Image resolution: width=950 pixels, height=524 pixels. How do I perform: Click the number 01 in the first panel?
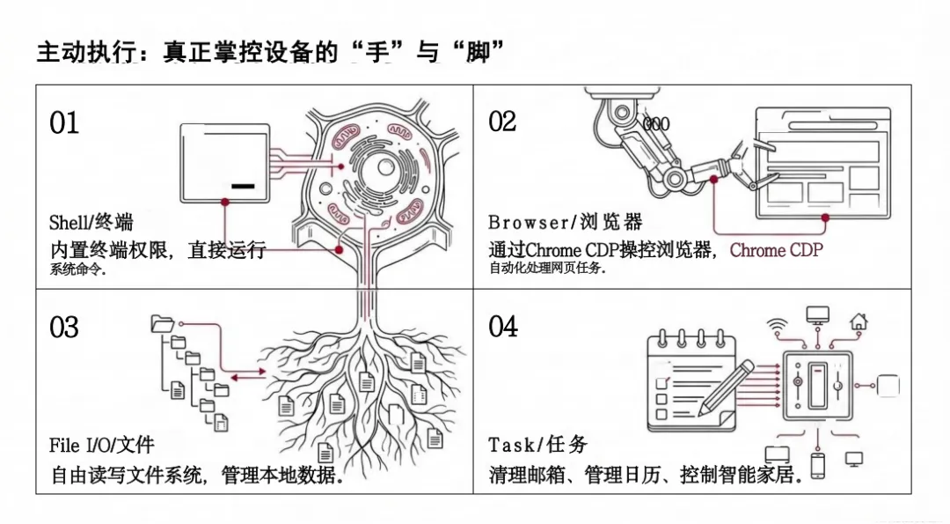tap(64, 123)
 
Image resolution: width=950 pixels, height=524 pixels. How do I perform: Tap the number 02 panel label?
tap(503, 122)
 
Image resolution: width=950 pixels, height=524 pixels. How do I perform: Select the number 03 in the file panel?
tap(64, 328)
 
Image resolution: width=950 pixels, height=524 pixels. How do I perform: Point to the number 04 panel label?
tap(504, 327)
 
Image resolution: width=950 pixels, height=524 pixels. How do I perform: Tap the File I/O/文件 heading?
tap(101, 446)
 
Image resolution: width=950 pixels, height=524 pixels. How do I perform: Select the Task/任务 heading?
tap(537, 445)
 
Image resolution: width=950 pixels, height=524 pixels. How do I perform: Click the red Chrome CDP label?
tap(777, 250)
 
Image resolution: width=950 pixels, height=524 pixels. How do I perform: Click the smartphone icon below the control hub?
tap(817, 465)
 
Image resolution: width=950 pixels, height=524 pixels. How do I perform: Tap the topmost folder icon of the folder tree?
tap(162, 323)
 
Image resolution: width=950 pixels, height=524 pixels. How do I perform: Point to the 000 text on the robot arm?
tap(656, 124)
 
